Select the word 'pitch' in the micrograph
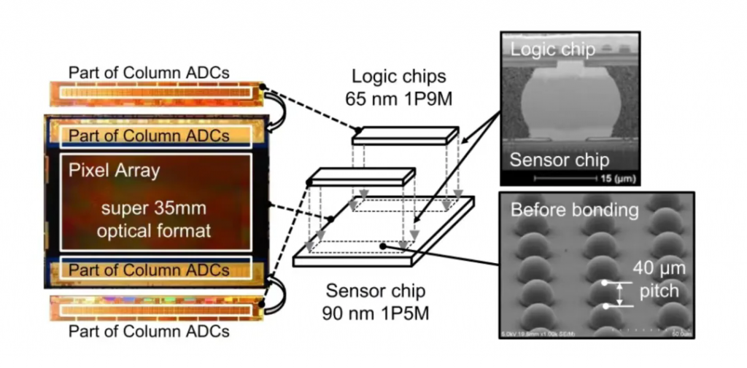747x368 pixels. tap(659, 291)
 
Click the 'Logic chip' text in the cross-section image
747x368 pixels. tap(552, 50)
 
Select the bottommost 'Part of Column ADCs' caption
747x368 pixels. tap(149, 332)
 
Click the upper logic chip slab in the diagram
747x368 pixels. tap(406, 134)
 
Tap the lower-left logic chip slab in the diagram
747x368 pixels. tap(360, 176)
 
